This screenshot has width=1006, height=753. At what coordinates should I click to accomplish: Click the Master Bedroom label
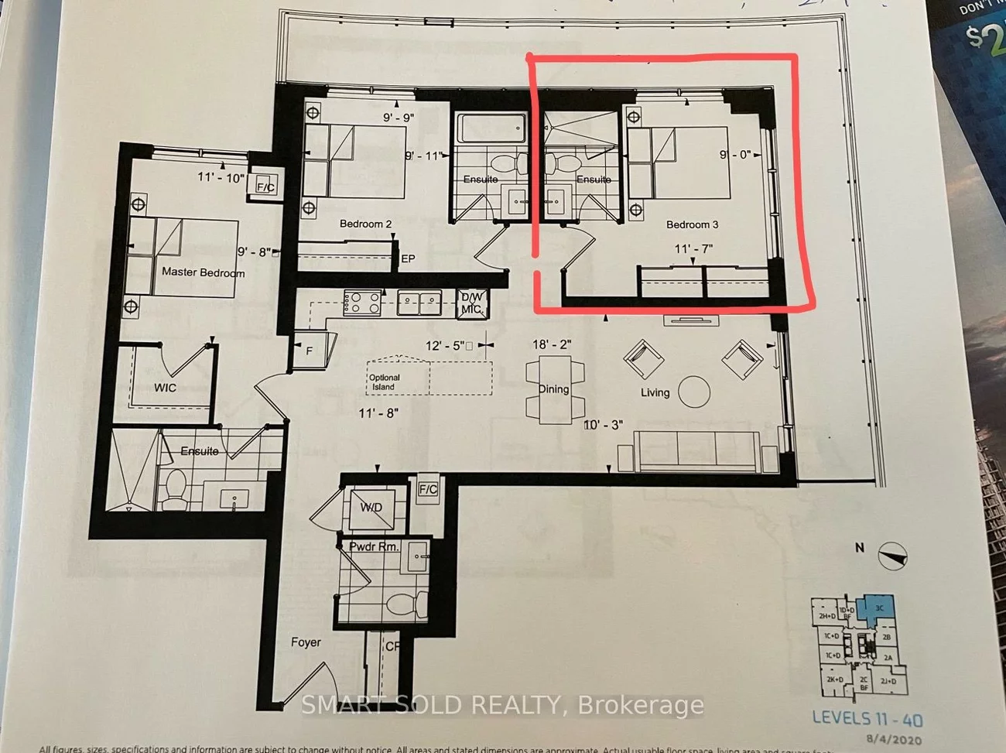pos(203,272)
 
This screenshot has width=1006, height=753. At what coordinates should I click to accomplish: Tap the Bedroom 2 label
pos(365,224)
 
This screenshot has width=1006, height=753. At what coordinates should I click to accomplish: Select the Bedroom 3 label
pos(692,224)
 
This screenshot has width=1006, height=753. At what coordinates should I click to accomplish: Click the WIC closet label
pos(165,388)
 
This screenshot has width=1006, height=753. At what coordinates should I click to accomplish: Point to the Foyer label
pos(306,642)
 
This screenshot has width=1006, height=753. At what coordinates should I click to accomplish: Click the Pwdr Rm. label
pos(374,546)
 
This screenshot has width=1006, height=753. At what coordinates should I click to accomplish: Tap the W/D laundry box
pos(371,508)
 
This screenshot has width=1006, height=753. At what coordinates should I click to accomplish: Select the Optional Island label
pos(384,382)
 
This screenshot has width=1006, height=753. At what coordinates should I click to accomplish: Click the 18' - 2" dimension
pos(552,344)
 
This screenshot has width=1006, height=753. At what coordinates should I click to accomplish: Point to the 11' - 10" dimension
pos(221,177)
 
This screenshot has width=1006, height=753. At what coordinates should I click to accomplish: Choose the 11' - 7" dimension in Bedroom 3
pos(693,249)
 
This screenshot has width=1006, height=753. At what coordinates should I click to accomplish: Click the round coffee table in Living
pos(694,392)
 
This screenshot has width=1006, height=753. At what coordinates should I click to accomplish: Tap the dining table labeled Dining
pos(554,390)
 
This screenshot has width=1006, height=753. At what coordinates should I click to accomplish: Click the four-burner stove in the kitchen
pos(362,302)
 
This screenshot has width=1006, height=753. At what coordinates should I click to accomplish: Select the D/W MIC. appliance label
pos(471,303)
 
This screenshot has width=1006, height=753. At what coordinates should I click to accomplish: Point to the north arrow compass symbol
pos(892,555)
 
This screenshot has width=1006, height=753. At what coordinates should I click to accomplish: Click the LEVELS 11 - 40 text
pos(867,719)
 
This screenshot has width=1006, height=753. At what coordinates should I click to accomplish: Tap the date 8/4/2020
pos(895,740)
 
